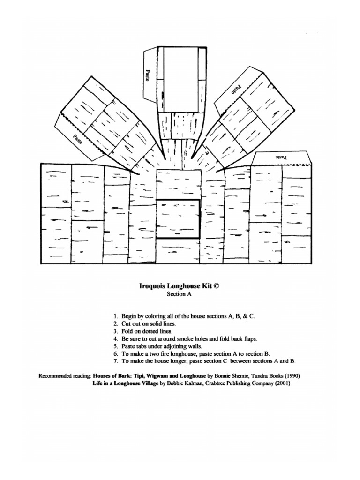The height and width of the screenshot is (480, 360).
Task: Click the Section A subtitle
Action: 180,294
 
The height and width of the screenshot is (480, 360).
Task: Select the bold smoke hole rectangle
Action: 178,219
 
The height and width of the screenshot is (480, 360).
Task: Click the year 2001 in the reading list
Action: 281,383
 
